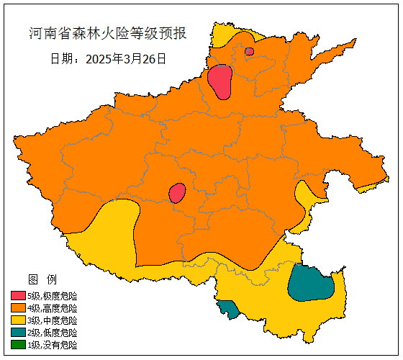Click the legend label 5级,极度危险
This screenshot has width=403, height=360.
[52, 296]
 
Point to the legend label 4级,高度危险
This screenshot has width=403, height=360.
[52, 308]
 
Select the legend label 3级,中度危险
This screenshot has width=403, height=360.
[52, 320]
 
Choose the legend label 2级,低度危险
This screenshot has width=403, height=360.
[52, 333]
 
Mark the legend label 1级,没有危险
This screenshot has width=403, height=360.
[52, 345]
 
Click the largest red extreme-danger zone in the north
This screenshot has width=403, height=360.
[220, 81]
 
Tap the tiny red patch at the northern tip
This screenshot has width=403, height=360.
[249, 51]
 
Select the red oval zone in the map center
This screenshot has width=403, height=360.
[177, 193]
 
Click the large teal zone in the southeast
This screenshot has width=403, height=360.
[310, 283]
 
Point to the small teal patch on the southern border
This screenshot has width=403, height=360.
[230, 310]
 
